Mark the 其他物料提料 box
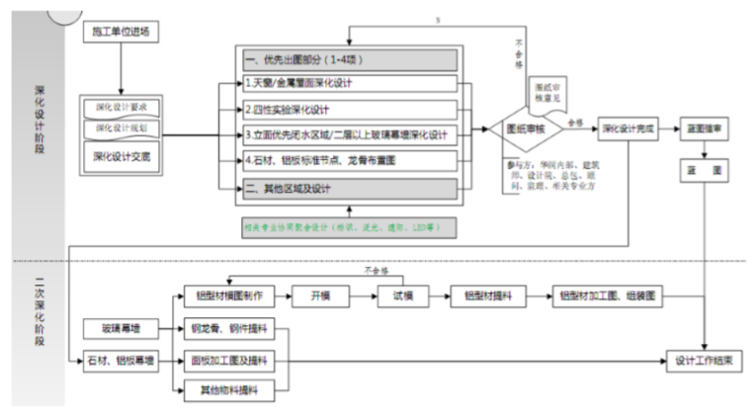pyautogui.click(x=228, y=391)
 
